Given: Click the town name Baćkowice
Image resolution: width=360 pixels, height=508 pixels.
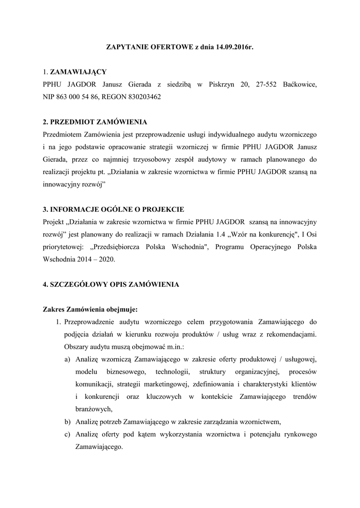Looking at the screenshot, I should pos(299,85).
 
